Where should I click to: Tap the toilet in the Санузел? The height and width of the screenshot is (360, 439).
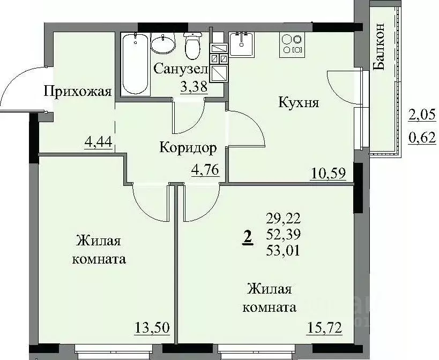(x=192, y=46)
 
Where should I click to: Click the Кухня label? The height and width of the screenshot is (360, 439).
(x=299, y=102)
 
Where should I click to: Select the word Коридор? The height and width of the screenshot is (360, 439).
(x=188, y=148)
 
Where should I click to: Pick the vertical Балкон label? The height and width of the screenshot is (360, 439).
(x=379, y=47)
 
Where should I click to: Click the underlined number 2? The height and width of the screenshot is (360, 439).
(x=248, y=236)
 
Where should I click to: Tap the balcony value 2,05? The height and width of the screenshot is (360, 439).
(x=421, y=114)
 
